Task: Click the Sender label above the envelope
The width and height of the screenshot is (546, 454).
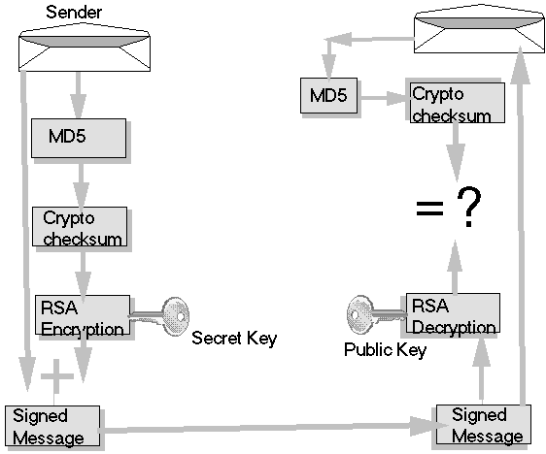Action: [x=74, y=13]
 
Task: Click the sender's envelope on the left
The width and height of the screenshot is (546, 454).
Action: [x=85, y=48]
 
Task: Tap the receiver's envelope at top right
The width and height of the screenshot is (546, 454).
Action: [x=480, y=29]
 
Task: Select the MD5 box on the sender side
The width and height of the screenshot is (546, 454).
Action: [x=79, y=138]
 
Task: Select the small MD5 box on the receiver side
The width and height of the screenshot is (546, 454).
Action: [x=328, y=95]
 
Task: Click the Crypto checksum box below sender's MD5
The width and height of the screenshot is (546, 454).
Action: [x=80, y=227]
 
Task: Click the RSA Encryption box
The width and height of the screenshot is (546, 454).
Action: [x=83, y=315]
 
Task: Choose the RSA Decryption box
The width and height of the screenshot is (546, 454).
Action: [x=453, y=313]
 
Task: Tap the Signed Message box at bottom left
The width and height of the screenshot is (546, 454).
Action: [x=52, y=426]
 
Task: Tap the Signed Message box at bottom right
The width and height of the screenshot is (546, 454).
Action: [x=484, y=425]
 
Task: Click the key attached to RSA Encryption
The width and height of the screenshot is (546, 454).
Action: [x=160, y=315]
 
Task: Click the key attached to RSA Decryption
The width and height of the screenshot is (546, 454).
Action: [x=376, y=313]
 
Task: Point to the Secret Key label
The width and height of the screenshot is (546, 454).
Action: [x=234, y=339]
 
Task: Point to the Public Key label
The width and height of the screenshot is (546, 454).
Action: [x=385, y=349]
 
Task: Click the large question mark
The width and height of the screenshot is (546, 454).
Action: [x=469, y=207]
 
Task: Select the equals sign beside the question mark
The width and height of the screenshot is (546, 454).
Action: [x=429, y=209]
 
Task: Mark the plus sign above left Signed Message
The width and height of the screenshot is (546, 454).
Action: [x=56, y=376]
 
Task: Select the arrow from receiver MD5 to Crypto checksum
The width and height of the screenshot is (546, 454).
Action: [x=384, y=98]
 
